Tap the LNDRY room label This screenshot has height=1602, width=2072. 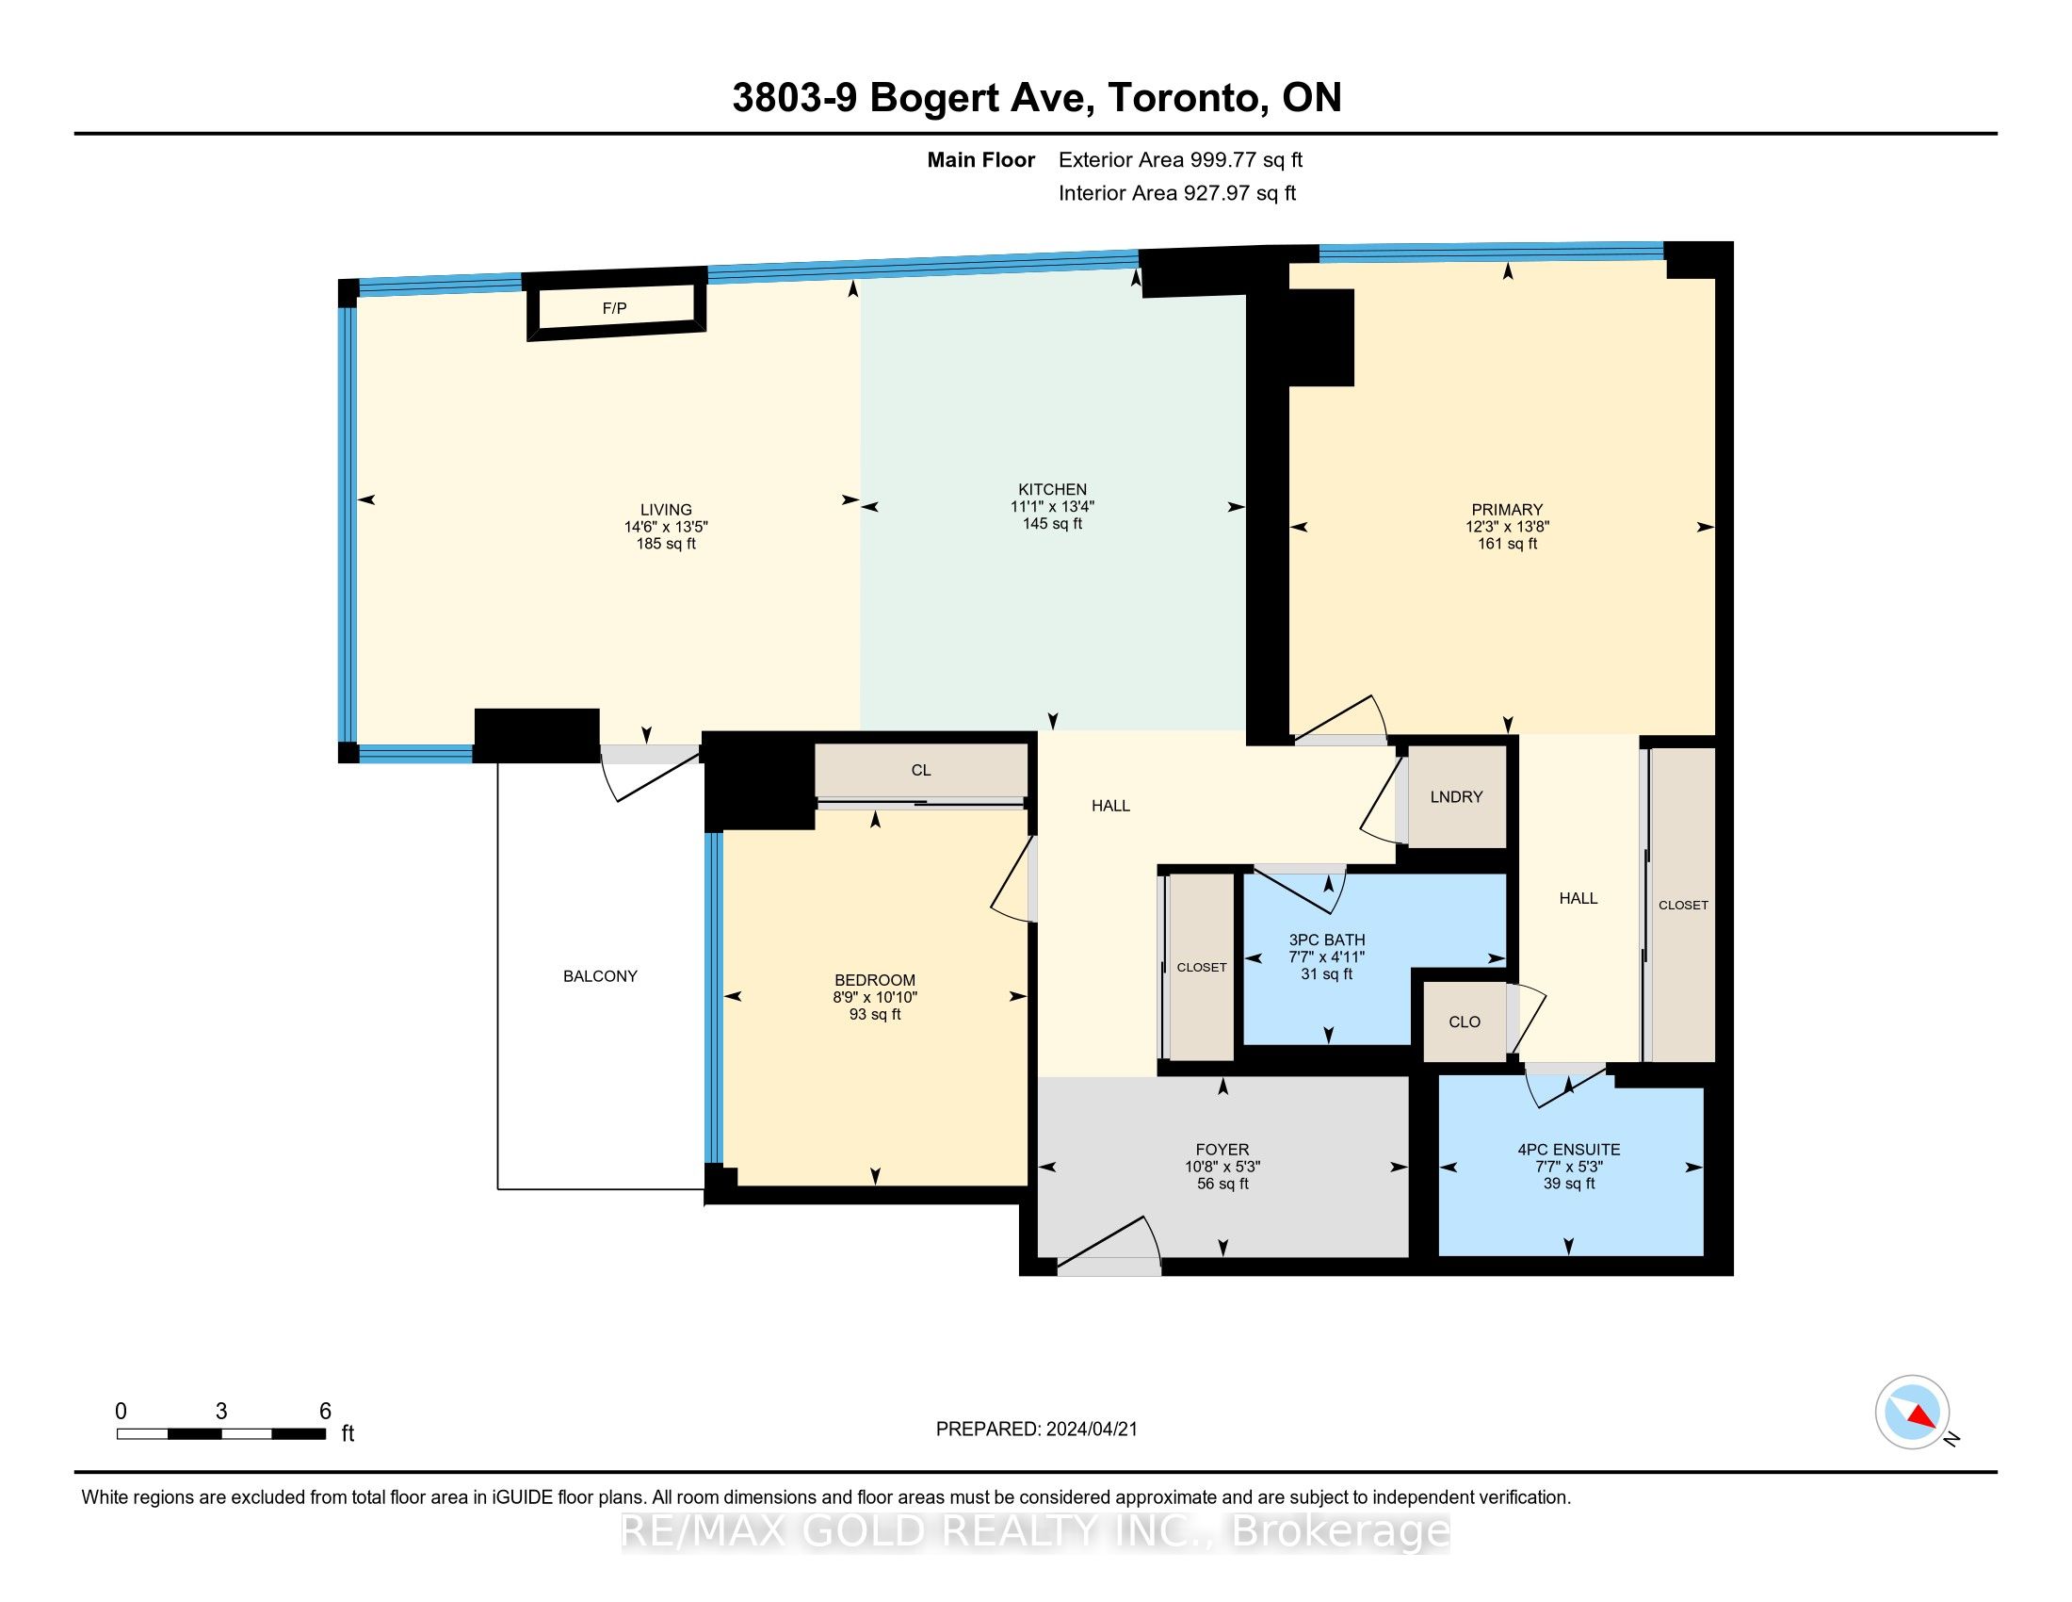[x=1455, y=797]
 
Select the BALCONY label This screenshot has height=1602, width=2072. [x=601, y=975]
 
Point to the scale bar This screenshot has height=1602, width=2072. [x=221, y=1434]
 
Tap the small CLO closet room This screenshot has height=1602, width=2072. [x=1465, y=1022]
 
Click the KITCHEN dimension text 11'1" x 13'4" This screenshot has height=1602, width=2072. [x=1052, y=507]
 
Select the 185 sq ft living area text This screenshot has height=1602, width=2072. [x=666, y=544]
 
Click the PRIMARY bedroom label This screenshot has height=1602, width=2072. [x=1507, y=510]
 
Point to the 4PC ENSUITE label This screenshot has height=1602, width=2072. [x=1569, y=1150]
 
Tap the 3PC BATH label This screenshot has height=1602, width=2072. [x=1326, y=940]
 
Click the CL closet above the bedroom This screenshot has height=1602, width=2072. [x=921, y=770]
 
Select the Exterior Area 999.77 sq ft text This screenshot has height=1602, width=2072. [x=1180, y=159]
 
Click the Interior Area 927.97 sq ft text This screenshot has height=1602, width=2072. [x=1177, y=192]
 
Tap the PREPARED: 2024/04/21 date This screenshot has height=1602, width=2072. [x=1036, y=1430]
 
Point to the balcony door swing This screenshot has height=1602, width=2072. [x=651, y=775]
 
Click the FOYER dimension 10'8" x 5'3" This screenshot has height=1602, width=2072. [x=1222, y=1167]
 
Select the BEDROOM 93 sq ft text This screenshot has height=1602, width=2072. [x=875, y=1015]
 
